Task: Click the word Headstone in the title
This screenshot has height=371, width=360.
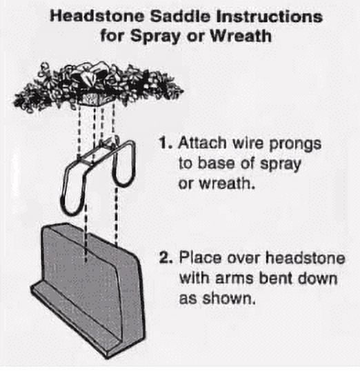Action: (x=97, y=17)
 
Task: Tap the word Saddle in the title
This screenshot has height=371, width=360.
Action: (x=181, y=17)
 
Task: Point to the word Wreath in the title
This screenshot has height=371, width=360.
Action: (x=241, y=36)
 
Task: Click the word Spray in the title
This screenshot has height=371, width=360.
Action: (x=155, y=37)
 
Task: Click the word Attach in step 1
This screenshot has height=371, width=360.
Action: (x=202, y=143)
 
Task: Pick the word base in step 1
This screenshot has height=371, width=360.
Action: (x=216, y=163)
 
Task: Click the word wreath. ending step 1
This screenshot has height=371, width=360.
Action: (x=227, y=183)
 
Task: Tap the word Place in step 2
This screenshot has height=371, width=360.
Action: (x=200, y=257)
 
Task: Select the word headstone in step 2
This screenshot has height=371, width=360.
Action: (x=305, y=257)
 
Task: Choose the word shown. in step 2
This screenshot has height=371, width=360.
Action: (x=229, y=298)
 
